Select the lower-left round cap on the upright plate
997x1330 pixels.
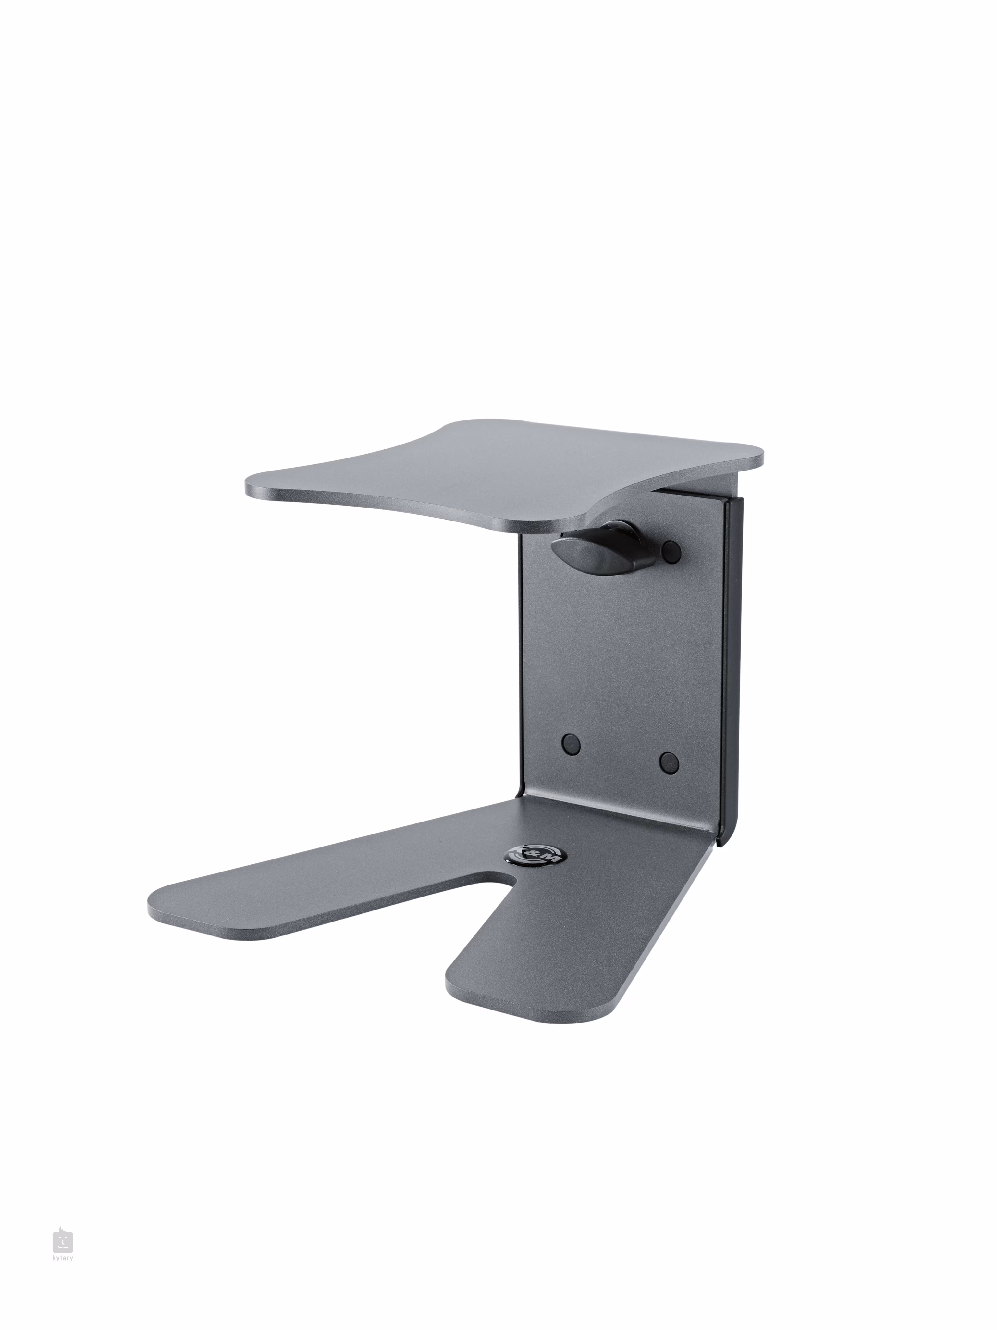571,744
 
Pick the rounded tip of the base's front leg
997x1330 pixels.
463,992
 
